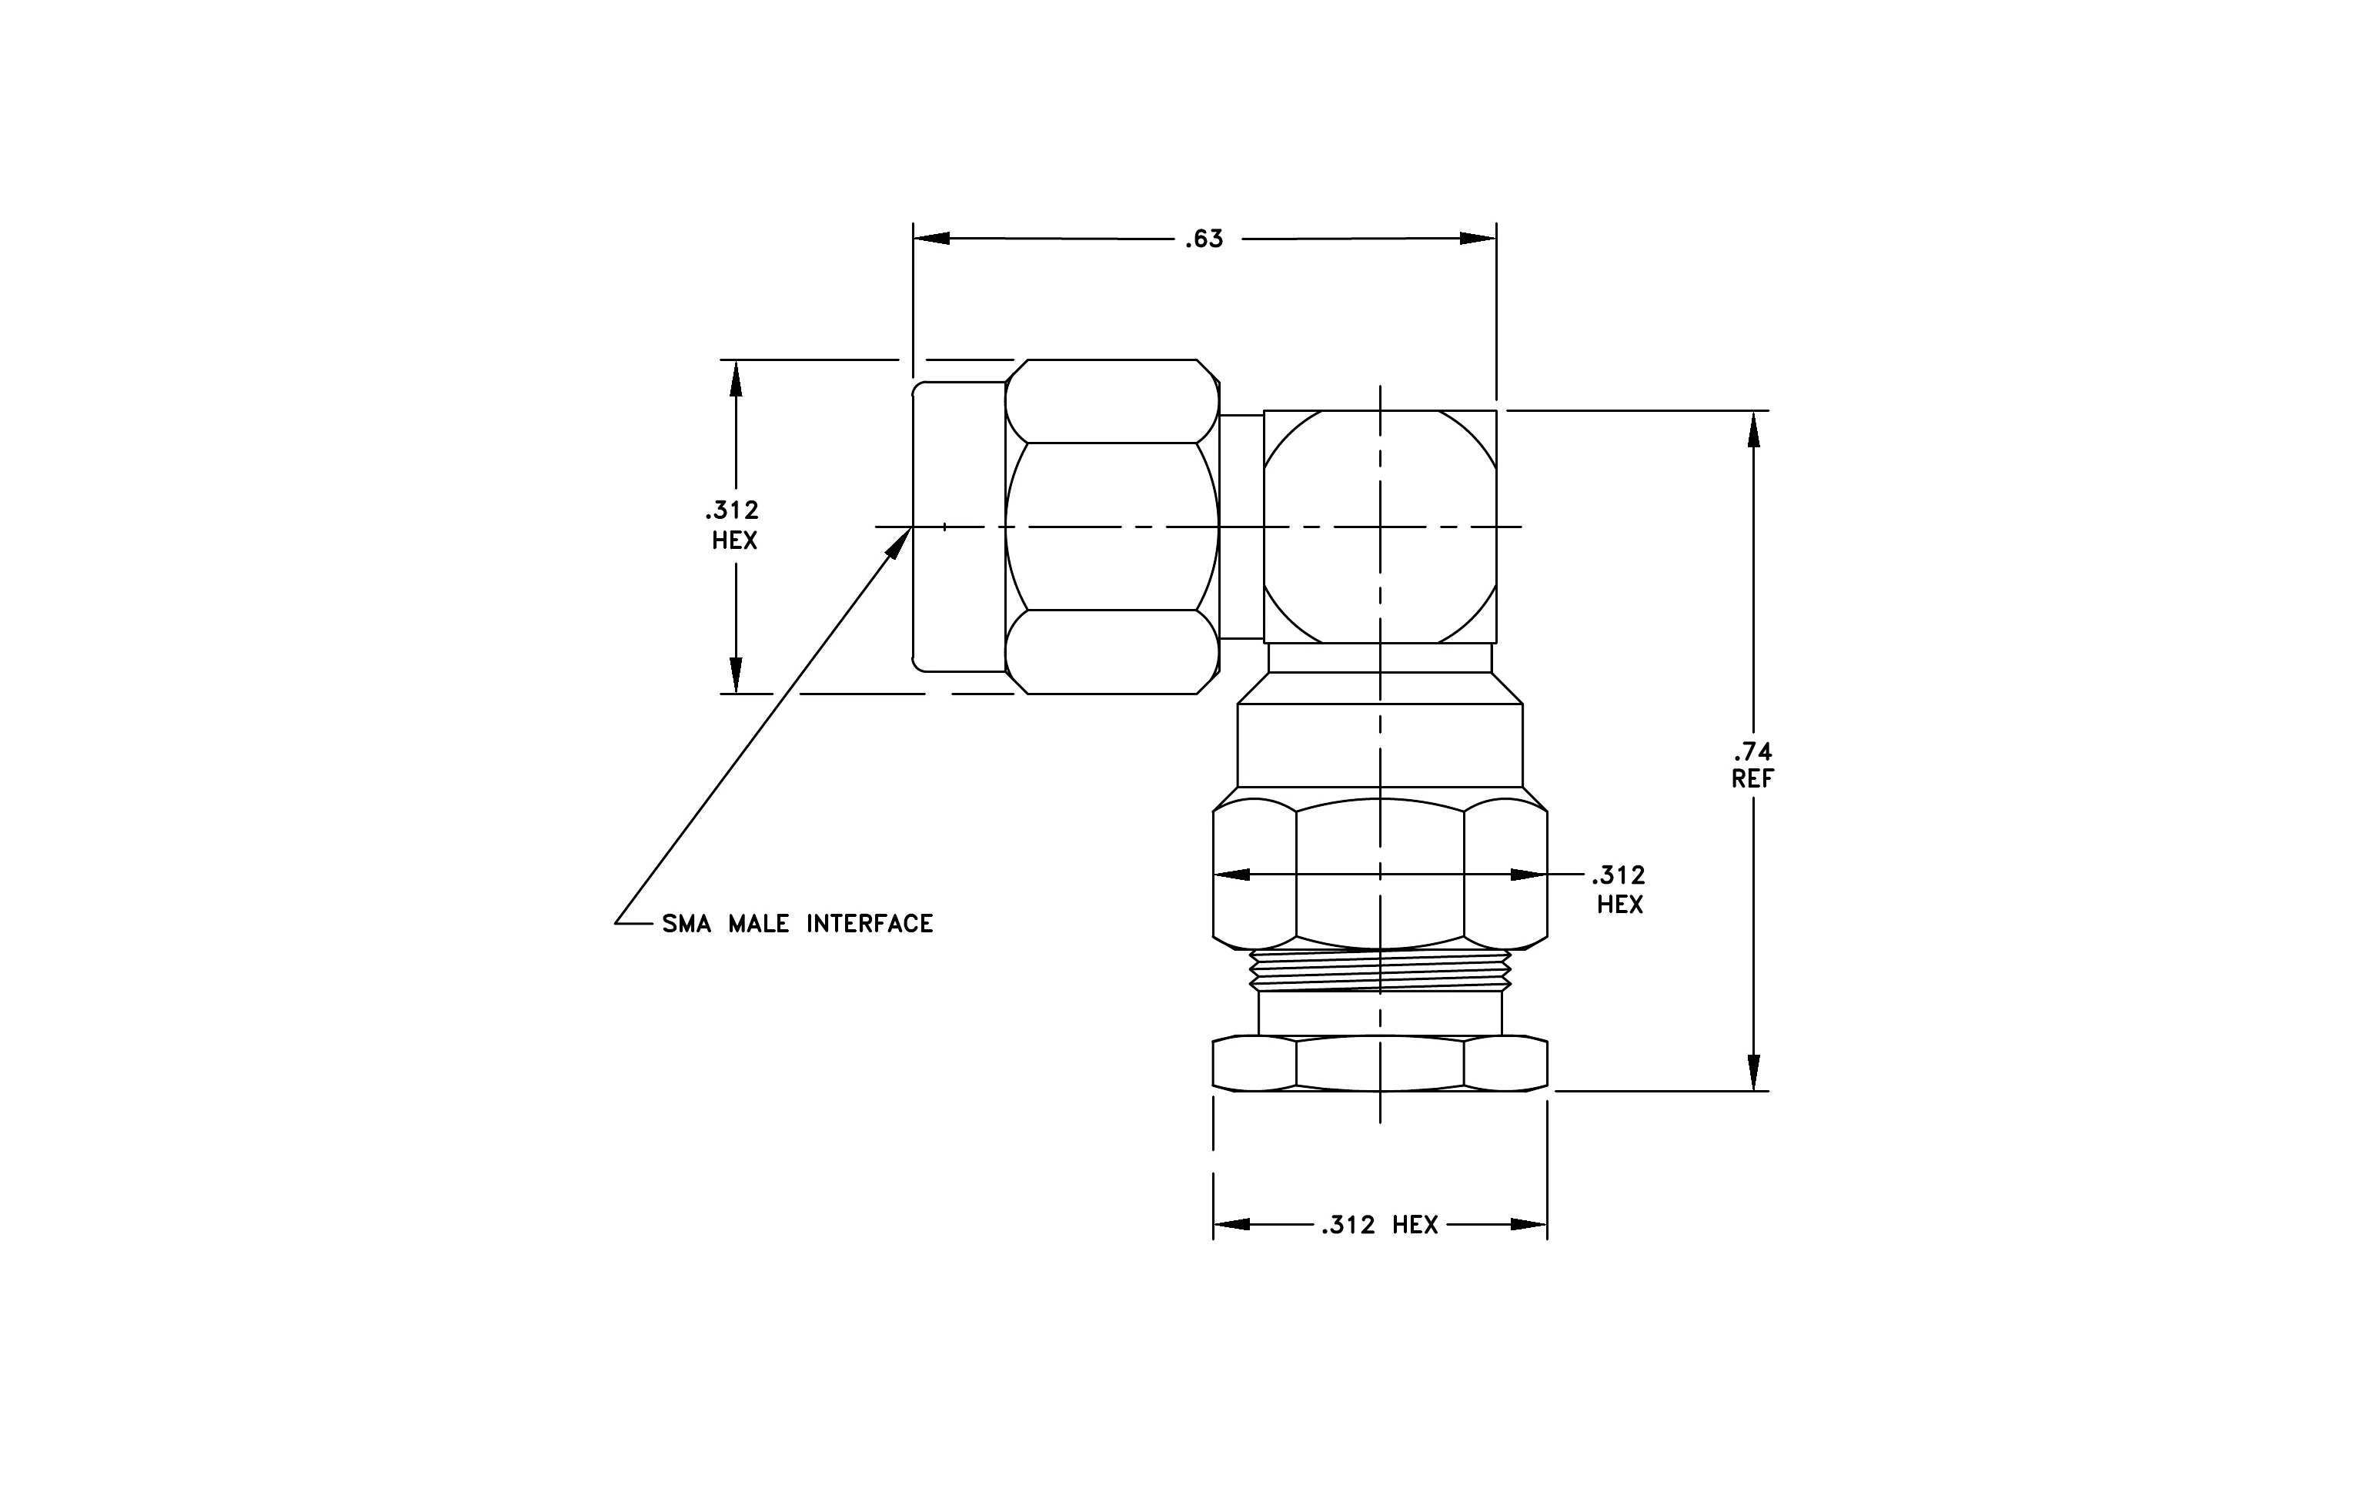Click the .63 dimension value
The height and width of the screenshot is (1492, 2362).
[1204, 239]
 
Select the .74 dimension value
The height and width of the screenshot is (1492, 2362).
[1753, 752]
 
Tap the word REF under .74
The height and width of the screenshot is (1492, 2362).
[1753, 779]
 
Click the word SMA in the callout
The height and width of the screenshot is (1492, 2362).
[687, 924]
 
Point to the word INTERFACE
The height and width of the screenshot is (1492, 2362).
[870, 924]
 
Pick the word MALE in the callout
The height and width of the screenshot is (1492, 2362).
[758, 924]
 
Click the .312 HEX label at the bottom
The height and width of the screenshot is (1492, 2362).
[1379, 1225]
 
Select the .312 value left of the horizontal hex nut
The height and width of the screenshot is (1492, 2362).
[732, 510]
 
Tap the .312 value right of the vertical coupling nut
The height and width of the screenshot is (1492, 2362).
[1619, 875]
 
